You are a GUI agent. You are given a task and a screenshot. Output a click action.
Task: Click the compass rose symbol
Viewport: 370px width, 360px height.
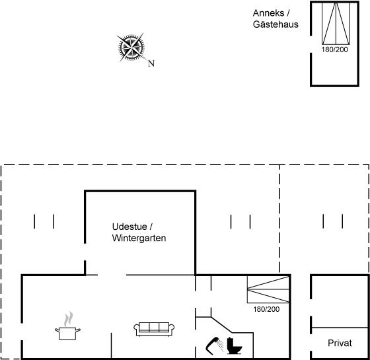[x=131, y=47]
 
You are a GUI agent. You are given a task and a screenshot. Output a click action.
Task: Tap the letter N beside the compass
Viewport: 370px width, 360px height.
[x=151, y=63]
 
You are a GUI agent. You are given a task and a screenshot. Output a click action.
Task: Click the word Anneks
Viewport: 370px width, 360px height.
[x=268, y=13]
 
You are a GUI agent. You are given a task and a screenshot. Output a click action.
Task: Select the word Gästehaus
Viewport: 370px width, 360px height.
[x=276, y=24]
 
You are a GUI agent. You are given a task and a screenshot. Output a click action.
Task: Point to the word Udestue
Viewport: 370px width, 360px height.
[x=129, y=227]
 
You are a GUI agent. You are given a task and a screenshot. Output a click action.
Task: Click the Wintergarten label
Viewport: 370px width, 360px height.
[x=139, y=238]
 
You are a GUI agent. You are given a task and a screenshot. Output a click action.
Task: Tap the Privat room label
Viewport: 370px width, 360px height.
[x=340, y=343]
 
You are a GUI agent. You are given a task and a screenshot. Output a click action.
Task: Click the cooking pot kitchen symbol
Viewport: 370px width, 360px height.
[x=67, y=333]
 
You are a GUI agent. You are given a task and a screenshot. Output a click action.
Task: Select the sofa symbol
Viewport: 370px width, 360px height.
[x=154, y=329]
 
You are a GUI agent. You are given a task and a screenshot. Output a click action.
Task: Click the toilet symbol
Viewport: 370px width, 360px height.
[x=234, y=346]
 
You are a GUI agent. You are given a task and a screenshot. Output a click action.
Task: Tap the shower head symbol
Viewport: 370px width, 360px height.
[x=215, y=345]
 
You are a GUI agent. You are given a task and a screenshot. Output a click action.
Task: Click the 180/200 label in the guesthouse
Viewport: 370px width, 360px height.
[x=334, y=50]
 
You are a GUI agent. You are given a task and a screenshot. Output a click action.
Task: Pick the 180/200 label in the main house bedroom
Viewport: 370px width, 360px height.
[x=266, y=309]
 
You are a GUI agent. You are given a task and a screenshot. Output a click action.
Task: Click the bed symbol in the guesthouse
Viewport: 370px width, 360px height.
[x=336, y=23]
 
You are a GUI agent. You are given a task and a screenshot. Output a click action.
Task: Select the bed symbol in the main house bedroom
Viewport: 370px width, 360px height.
[x=268, y=289]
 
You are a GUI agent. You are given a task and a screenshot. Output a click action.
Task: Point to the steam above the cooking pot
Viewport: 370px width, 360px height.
[x=68, y=318]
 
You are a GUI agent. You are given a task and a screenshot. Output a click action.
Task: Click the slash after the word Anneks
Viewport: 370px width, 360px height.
[x=288, y=13]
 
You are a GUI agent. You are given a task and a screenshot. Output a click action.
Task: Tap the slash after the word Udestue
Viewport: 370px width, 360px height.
[x=151, y=227]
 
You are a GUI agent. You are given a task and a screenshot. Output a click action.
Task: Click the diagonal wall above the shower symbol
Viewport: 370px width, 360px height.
[x=221, y=325]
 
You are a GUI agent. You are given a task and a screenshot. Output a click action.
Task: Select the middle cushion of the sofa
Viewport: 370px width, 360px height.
[x=154, y=327]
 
